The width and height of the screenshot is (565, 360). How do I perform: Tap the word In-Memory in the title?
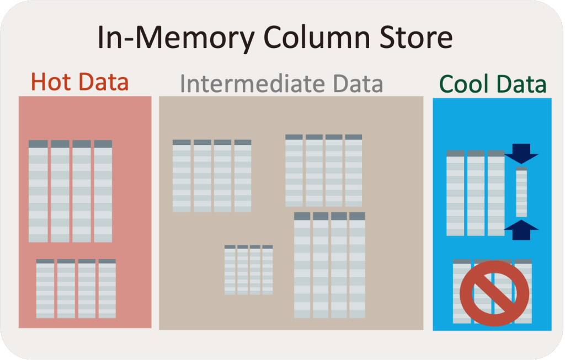point(176,39)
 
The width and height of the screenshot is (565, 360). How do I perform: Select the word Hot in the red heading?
point(52,82)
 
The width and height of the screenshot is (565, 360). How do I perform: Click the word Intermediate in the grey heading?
point(253,84)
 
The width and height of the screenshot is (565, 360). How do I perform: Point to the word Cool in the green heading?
point(465,85)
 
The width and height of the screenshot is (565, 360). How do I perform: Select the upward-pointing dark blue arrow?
point(521,229)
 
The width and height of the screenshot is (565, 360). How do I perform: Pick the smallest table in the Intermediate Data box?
point(248,270)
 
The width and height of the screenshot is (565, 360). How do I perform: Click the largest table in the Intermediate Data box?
point(329,265)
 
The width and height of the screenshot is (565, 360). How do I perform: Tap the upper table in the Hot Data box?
point(70,191)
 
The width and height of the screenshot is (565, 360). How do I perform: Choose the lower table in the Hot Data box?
point(76,288)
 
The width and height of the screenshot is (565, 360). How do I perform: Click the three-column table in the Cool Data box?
point(476,192)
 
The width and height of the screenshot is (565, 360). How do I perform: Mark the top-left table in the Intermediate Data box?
point(212,175)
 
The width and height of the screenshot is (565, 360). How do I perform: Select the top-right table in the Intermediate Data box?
point(323,170)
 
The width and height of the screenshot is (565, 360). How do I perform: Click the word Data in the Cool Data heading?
point(521,85)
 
